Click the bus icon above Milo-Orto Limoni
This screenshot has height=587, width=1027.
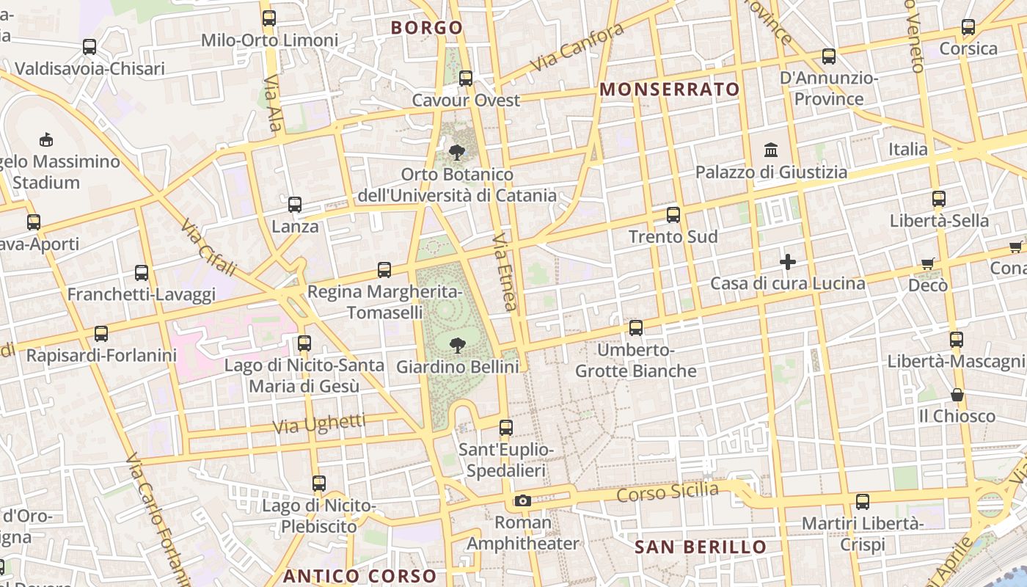pyautogui.click(x=269, y=18)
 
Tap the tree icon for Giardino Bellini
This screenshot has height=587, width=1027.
pyautogui.click(x=458, y=345)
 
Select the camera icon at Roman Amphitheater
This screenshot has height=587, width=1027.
pyautogui.click(x=522, y=501)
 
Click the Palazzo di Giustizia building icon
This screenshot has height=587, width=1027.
pyautogui.click(x=771, y=150)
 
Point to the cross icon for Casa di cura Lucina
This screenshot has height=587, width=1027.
pyautogui.click(x=788, y=262)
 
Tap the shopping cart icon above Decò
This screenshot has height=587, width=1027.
pyautogui.click(x=928, y=263)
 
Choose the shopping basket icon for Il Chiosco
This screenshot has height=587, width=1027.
pyautogui.click(x=957, y=395)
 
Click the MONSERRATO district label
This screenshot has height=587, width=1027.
pyautogui.click(x=670, y=90)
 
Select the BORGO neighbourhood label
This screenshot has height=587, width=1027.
pyautogui.click(x=427, y=28)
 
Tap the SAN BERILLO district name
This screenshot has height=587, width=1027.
pyautogui.click(x=700, y=547)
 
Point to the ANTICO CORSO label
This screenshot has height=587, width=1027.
pyautogui.click(x=359, y=576)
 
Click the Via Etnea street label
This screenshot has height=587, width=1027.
pyautogui.click(x=505, y=271)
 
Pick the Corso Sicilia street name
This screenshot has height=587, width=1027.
pyautogui.click(x=667, y=492)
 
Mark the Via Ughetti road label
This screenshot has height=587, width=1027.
pyautogui.click(x=319, y=423)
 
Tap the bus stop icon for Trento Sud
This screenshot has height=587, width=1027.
pyautogui.click(x=673, y=215)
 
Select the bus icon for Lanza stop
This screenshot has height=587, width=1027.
pyautogui.click(x=295, y=205)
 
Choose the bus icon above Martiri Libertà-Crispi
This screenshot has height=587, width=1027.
pyautogui.click(x=863, y=502)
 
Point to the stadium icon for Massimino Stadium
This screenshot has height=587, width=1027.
pyautogui.click(x=45, y=139)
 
